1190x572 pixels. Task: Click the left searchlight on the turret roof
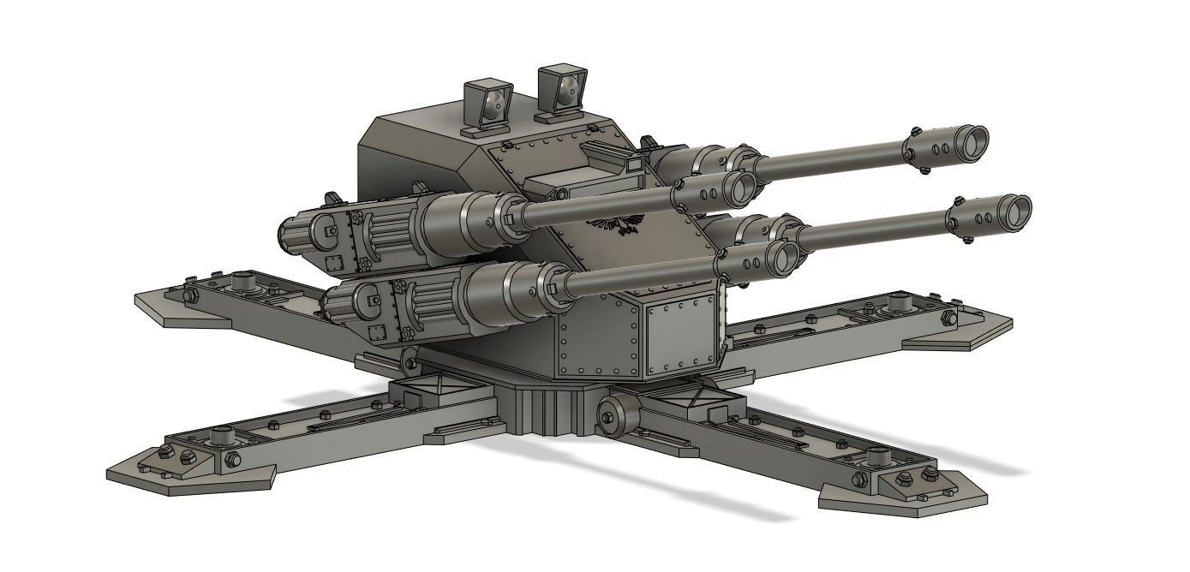pos(487,105)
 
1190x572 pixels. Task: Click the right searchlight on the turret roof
pos(562,89)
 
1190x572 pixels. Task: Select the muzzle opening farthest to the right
pos(1016,210)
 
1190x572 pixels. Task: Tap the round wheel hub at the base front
pos(614,416)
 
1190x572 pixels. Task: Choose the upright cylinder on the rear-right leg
pos(899,301)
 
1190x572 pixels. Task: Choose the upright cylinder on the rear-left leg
pos(242,280)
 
